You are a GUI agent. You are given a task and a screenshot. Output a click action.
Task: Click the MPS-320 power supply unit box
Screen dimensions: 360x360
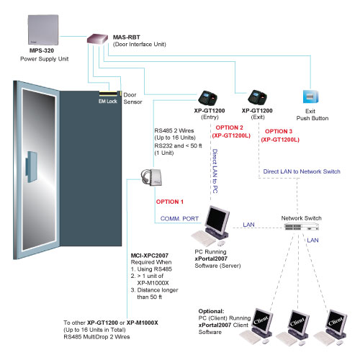pos(43,30)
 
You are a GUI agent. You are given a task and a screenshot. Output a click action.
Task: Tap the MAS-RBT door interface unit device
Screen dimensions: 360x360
pos(97,39)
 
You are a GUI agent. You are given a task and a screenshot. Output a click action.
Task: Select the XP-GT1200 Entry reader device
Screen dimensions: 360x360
pos(208,98)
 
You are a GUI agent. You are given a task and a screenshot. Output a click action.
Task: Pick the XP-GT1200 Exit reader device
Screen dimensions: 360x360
pos(257,97)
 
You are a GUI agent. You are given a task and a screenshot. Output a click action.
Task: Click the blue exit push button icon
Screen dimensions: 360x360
pos(311,96)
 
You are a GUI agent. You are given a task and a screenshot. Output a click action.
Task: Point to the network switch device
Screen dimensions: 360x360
pos(302,226)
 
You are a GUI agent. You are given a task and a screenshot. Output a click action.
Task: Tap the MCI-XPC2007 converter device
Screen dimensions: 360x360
pos(152,177)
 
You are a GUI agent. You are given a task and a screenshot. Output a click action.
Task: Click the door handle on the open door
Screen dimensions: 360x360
pos(31,167)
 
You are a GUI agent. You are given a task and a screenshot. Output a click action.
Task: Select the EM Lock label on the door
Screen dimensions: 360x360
pos(108,102)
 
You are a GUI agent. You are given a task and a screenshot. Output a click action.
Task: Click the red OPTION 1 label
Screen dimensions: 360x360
pos(170,202)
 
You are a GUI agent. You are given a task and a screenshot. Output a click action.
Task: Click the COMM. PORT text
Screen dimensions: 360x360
pos(179,219)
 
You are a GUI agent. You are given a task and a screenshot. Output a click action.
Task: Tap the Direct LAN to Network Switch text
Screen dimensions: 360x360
pos(302,171)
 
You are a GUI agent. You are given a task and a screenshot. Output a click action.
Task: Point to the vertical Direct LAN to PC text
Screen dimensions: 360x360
pos(215,171)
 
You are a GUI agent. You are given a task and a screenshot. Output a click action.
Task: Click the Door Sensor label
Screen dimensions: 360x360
pos(132,99)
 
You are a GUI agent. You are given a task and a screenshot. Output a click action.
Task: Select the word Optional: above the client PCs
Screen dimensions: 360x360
pos(211,311)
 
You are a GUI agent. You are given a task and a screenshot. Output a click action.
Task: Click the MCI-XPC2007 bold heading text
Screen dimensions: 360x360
pos(150,256)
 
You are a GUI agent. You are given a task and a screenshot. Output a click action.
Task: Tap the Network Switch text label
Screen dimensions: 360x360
pos(301,218)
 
